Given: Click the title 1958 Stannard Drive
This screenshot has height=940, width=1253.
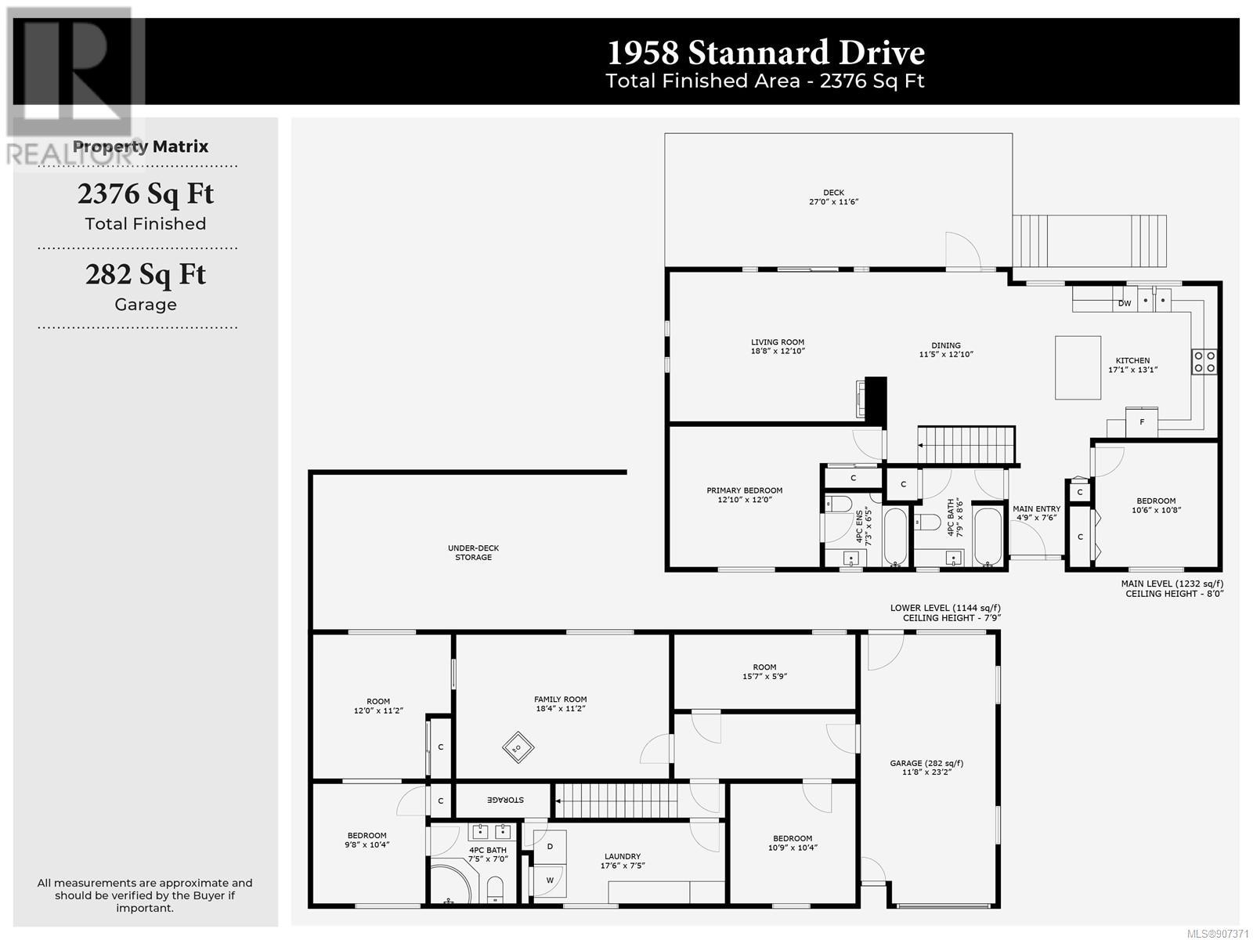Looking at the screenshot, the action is coord(765,53).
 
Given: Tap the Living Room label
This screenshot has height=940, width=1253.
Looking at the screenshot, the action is coord(777,342).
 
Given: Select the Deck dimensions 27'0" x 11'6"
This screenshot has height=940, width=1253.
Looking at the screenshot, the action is coord(833,201).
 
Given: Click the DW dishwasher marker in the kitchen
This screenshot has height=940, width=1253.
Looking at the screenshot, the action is coord(1124,303).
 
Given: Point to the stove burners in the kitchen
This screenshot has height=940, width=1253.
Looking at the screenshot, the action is coord(1204,362).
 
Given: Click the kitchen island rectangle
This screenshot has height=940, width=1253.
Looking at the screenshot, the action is coord(1077,367).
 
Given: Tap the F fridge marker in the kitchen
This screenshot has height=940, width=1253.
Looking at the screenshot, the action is coord(1142,422).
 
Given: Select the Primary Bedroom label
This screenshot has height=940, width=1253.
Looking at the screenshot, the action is coord(745,490).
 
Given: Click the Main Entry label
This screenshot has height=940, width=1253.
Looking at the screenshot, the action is coord(1036,508).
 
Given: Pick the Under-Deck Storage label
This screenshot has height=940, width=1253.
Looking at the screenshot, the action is coord(473,552).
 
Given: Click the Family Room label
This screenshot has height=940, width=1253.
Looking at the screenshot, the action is coord(560,700).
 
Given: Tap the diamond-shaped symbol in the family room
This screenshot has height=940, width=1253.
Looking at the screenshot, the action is coord(518,747).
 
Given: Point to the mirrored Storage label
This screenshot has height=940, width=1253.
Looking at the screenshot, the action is coord(505,800).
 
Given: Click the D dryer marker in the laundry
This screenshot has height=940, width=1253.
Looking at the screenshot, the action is coord(550,847).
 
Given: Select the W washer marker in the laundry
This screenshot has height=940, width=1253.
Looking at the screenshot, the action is coord(550,880).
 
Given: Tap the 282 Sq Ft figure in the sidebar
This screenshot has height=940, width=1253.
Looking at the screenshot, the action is coord(146,274).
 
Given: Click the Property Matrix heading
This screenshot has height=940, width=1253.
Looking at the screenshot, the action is coord(140,146).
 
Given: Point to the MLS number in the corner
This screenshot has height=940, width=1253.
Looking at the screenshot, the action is coord(1218,934).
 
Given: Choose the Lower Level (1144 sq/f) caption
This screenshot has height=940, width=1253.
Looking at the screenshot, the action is coord(945,608).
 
